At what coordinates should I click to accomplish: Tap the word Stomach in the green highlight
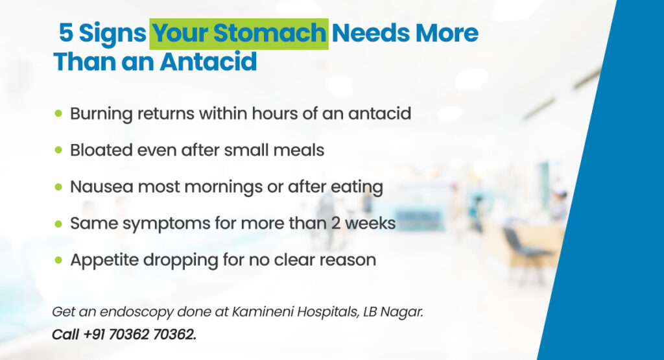[270, 33]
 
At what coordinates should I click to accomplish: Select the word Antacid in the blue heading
[208, 62]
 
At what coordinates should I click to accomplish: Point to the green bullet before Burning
[58, 113]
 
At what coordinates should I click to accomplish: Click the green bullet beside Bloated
[58, 150]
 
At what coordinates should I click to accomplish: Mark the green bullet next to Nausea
[58, 186]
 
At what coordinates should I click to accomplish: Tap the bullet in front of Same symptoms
[58, 223]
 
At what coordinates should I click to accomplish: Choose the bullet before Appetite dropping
[58, 259]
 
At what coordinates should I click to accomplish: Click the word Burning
[101, 114]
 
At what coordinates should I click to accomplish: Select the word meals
[298, 150]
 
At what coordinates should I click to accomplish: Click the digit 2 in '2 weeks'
[336, 223]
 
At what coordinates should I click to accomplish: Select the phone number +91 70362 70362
[140, 335]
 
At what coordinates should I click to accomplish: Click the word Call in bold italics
[65, 335]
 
